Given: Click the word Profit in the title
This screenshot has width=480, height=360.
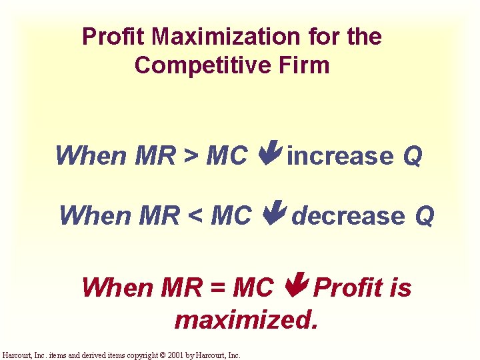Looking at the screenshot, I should click(x=105, y=37).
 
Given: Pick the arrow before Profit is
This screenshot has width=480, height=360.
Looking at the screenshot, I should click(x=295, y=287).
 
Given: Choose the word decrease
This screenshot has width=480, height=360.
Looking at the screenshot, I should click(x=349, y=216).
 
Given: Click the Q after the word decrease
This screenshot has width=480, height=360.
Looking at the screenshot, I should click(x=425, y=216).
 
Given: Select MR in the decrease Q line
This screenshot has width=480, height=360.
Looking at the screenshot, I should click(x=159, y=216).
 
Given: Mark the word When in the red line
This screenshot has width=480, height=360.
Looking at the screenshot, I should click(x=117, y=288).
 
